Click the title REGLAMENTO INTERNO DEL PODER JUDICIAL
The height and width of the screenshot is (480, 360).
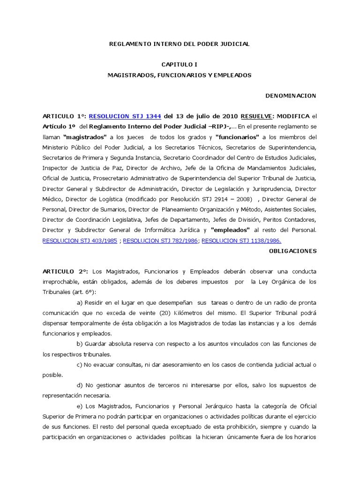click(x=180, y=44)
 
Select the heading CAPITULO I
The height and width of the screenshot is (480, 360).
click(x=180, y=64)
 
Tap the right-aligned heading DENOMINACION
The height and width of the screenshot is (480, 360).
click(x=291, y=96)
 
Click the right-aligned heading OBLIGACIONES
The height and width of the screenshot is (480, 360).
click(x=292, y=251)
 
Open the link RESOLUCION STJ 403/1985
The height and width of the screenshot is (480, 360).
click(x=79, y=240)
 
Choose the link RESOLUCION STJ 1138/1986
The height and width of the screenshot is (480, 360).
click(x=241, y=240)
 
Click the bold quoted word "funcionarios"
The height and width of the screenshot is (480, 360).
click(x=238, y=137)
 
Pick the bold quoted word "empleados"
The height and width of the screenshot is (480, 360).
click(x=230, y=230)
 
